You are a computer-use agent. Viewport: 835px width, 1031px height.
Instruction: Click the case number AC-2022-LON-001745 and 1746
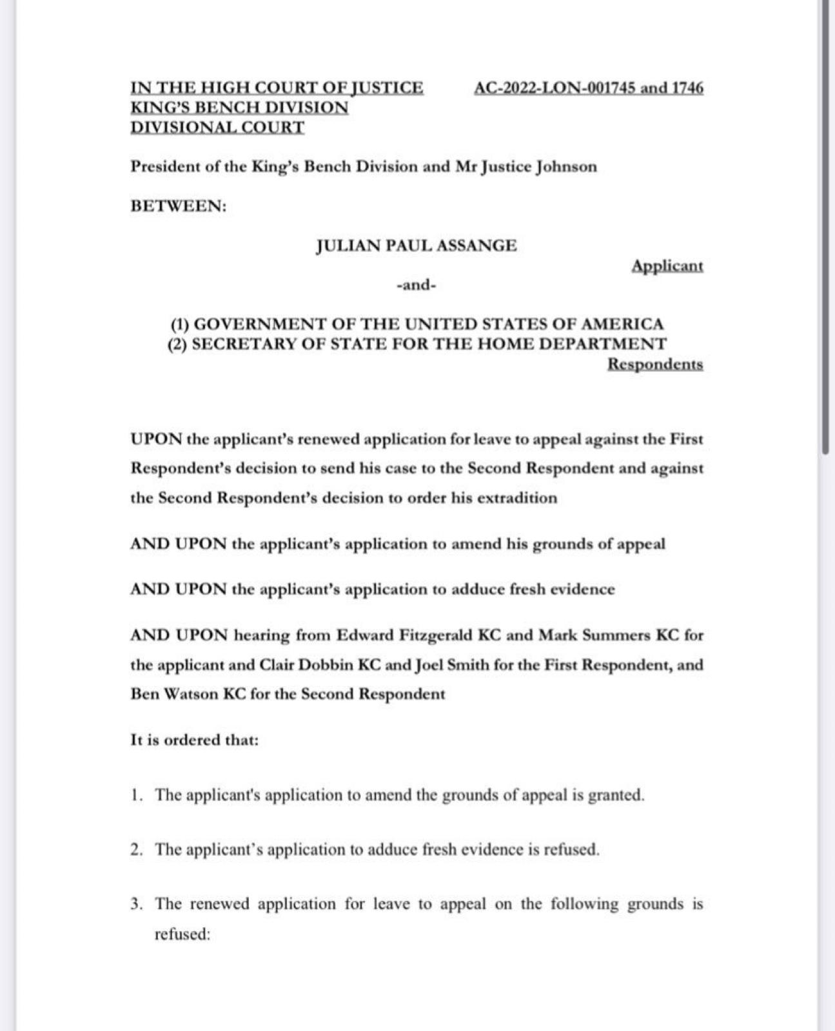pos(588,88)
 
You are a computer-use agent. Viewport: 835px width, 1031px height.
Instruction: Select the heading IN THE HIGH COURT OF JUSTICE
pos(277,88)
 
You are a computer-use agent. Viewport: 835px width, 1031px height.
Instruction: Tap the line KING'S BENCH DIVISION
pos(239,108)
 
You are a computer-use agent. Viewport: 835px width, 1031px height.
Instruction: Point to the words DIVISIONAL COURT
pos(217,128)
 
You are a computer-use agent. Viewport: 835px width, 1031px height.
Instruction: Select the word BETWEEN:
pos(179,207)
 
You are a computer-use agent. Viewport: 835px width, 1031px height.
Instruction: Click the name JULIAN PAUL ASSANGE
pos(416,246)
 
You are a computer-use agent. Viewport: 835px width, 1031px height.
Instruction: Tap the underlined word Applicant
pos(667,266)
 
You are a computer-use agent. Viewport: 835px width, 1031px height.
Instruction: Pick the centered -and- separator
pos(416,285)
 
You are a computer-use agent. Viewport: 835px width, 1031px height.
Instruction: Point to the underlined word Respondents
pos(655,365)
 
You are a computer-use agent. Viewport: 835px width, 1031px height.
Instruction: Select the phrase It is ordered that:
pos(194,740)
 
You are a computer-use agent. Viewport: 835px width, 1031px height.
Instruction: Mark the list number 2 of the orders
pos(136,850)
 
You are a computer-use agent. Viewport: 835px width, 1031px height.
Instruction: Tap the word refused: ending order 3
pos(182,934)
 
